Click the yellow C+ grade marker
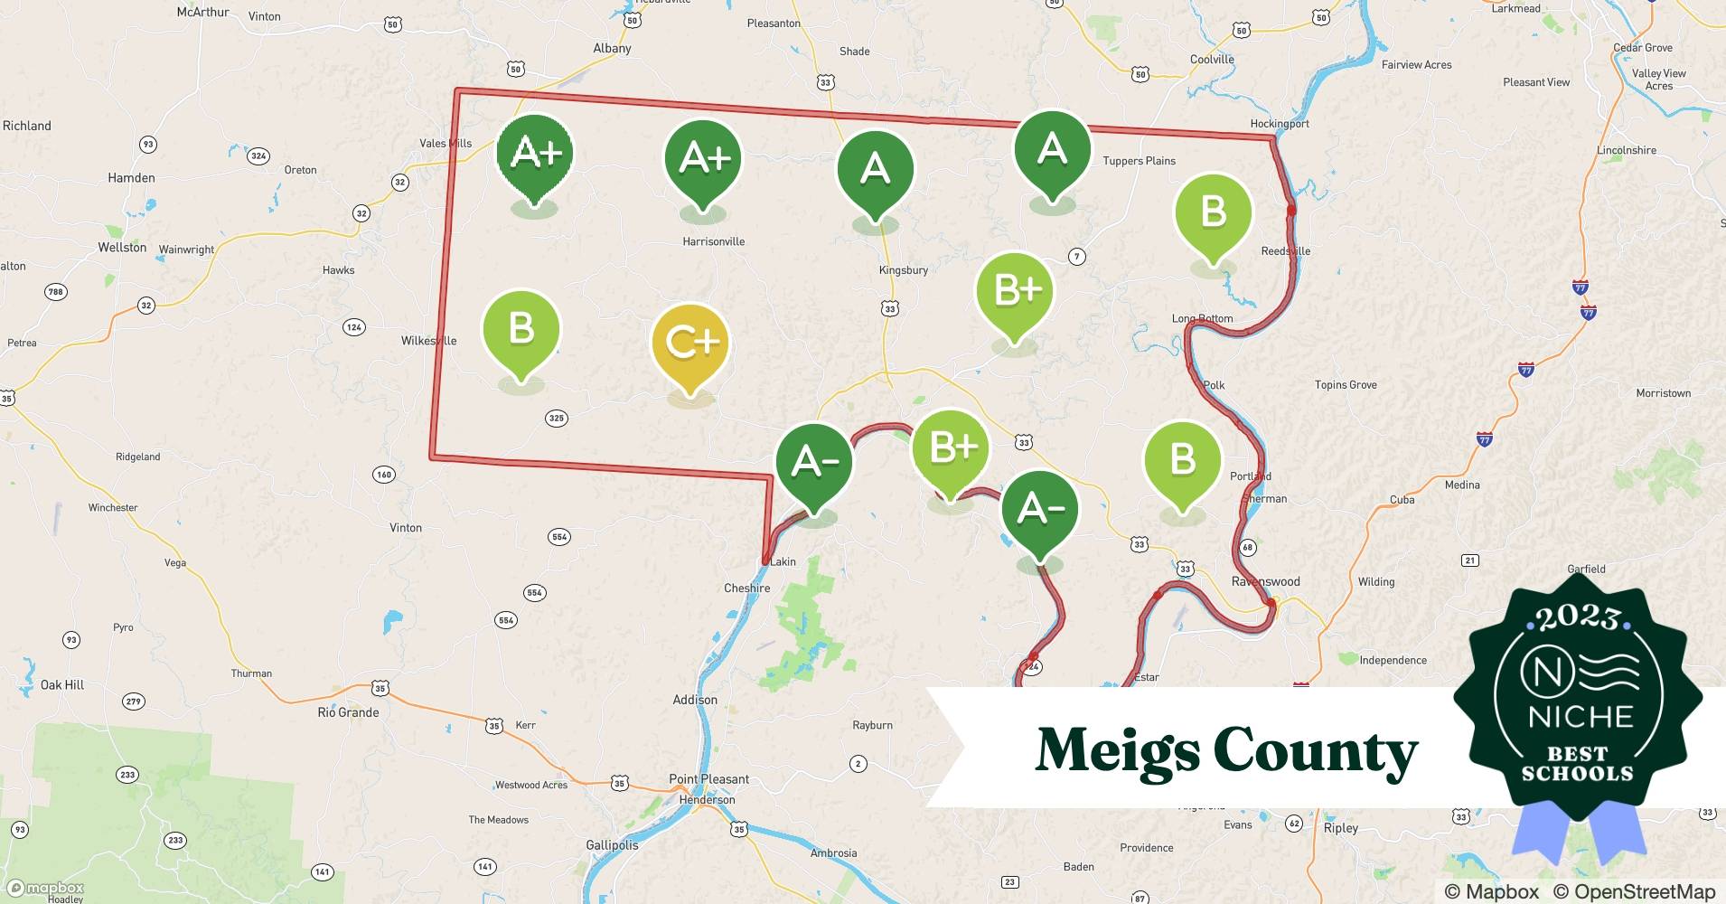pos(690,343)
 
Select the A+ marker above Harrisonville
pos(703,159)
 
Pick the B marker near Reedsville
pos(1213,213)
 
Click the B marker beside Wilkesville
pos(521,329)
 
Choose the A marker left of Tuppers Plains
pos(1052,150)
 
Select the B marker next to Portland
pos(1182,460)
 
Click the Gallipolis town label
pos(612,845)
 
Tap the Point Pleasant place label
pos(708,779)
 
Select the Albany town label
pos(612,49)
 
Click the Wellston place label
pos(122,248)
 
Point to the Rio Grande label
pos(348,712)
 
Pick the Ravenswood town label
pos(1265,581)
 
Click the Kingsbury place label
pos(903,270)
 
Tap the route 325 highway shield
pos(557,418)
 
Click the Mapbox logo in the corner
pos(45,888)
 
